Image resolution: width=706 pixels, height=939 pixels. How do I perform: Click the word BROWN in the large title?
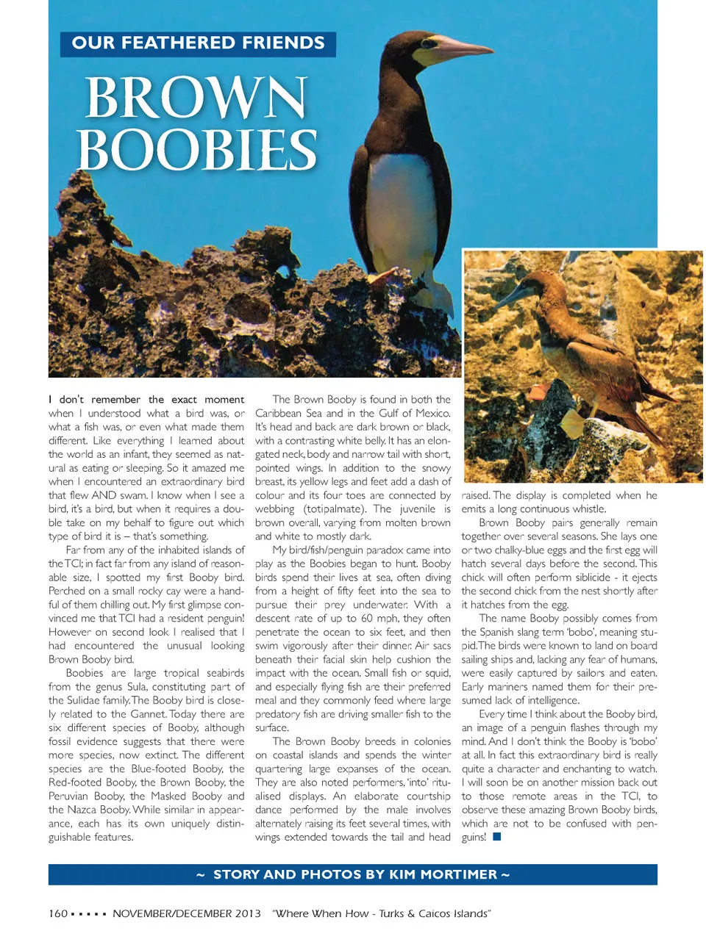coord(195,98)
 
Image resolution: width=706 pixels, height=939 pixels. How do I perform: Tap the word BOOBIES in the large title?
coord(196,150)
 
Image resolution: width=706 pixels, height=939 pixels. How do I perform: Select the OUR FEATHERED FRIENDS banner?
coord(198,43)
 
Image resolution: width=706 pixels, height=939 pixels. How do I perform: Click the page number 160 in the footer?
coord(58,913)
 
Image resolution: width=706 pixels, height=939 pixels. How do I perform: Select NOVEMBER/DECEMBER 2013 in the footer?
coord(187,913)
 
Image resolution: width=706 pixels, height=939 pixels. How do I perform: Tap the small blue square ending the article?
coord(497,837)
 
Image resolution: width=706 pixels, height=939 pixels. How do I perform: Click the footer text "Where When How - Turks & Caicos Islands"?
coord(381,913)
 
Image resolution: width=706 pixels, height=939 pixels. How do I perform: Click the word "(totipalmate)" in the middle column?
coord(335,508)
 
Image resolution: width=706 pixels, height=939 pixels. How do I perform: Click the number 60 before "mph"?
coord(367,618)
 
